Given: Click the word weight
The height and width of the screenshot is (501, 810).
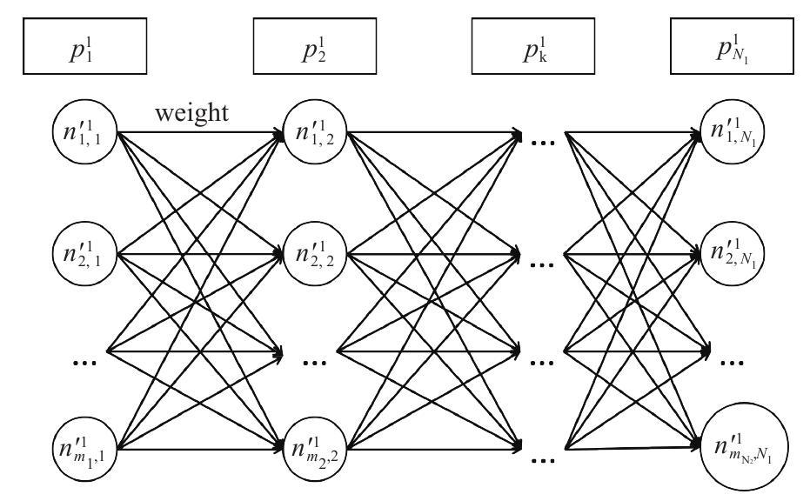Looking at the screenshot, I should click(192, 114).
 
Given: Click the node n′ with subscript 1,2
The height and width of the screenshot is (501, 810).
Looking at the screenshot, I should click(313, 135).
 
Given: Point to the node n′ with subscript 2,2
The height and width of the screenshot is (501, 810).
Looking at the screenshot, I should click(313, 253).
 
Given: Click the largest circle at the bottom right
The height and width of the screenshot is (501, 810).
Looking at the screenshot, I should click(736, 453).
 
